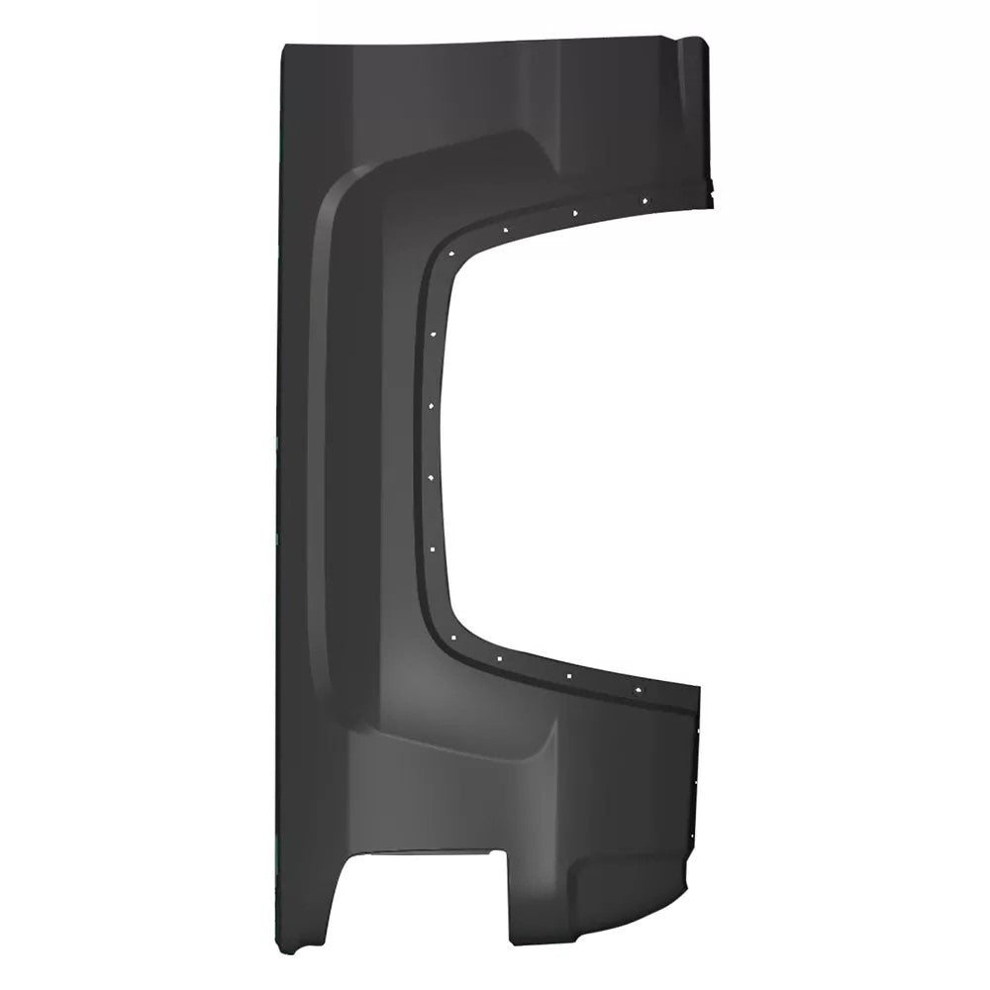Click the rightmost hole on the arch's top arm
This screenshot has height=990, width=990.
tap(644, 200)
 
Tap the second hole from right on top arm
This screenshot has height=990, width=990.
tap(575, 212)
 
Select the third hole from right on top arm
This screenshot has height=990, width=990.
tap(505, 230)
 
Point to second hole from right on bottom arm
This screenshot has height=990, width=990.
tap(569, 674)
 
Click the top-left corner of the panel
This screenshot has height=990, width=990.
tap(284, 48)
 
